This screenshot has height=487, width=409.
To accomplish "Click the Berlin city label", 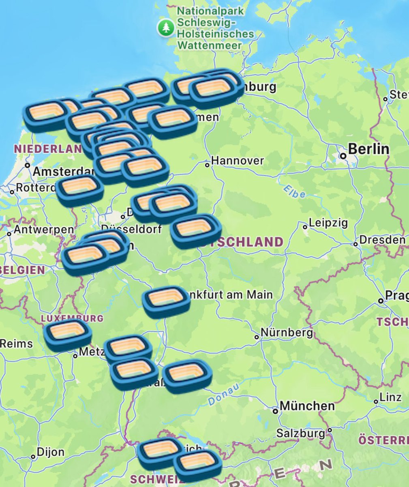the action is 368,149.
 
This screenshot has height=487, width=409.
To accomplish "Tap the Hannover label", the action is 237,161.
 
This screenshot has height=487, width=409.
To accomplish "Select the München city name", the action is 307,405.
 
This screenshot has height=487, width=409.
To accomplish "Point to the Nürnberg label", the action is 286,333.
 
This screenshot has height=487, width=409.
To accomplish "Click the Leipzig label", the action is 328,223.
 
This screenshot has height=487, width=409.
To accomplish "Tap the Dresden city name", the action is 382,240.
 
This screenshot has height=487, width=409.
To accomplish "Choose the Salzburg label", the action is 301,433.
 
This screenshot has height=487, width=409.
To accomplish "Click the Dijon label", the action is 50,452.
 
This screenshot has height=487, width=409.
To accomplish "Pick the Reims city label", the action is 16,344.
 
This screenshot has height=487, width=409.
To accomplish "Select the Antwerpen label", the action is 44,230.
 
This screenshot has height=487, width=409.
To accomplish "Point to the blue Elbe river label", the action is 294,192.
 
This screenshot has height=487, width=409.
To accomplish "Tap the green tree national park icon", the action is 166,28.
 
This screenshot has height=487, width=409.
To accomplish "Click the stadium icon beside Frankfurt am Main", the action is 166,301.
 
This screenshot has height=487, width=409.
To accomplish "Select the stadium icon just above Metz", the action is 68,334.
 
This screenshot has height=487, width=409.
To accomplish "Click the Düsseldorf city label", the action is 131,229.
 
